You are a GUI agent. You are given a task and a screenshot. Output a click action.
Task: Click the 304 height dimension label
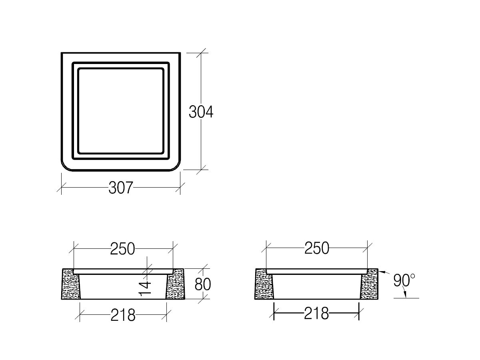click(x=201, y=112)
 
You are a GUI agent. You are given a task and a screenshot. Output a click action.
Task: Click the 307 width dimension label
click(x=120, y=187)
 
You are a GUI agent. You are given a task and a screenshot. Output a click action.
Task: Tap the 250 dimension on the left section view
click(x=122, y=249)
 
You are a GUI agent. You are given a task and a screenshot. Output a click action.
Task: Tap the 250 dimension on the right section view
click(x=316, y=248)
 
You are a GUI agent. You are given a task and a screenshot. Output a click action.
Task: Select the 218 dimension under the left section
click(x=123, y=315)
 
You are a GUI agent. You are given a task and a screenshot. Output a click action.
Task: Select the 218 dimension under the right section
click(x=316, y=313)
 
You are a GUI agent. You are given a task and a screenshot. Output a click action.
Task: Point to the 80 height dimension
click(x=202, y=284)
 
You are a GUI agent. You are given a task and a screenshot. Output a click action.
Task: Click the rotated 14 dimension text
click(x=146, y=288)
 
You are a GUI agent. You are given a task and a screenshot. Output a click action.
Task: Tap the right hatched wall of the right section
click(x=369, y=285)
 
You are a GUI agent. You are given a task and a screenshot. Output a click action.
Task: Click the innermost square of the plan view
click(x=121, y=111)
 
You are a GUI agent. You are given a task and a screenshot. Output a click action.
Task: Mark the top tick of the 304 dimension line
click(x=201, y=52)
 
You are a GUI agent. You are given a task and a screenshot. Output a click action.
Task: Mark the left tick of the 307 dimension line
click(x=61, y=187)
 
